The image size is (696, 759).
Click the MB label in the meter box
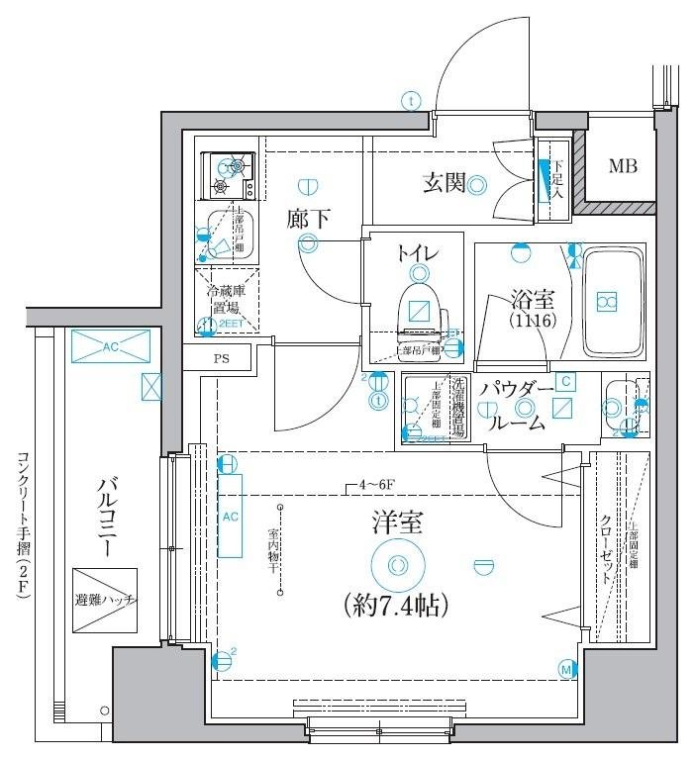(x=622, y=166)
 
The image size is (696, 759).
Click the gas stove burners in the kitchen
(x=228, y=175)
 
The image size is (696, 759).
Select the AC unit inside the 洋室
(x=230, y=516)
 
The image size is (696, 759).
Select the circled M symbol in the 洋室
(x=567, y=670)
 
